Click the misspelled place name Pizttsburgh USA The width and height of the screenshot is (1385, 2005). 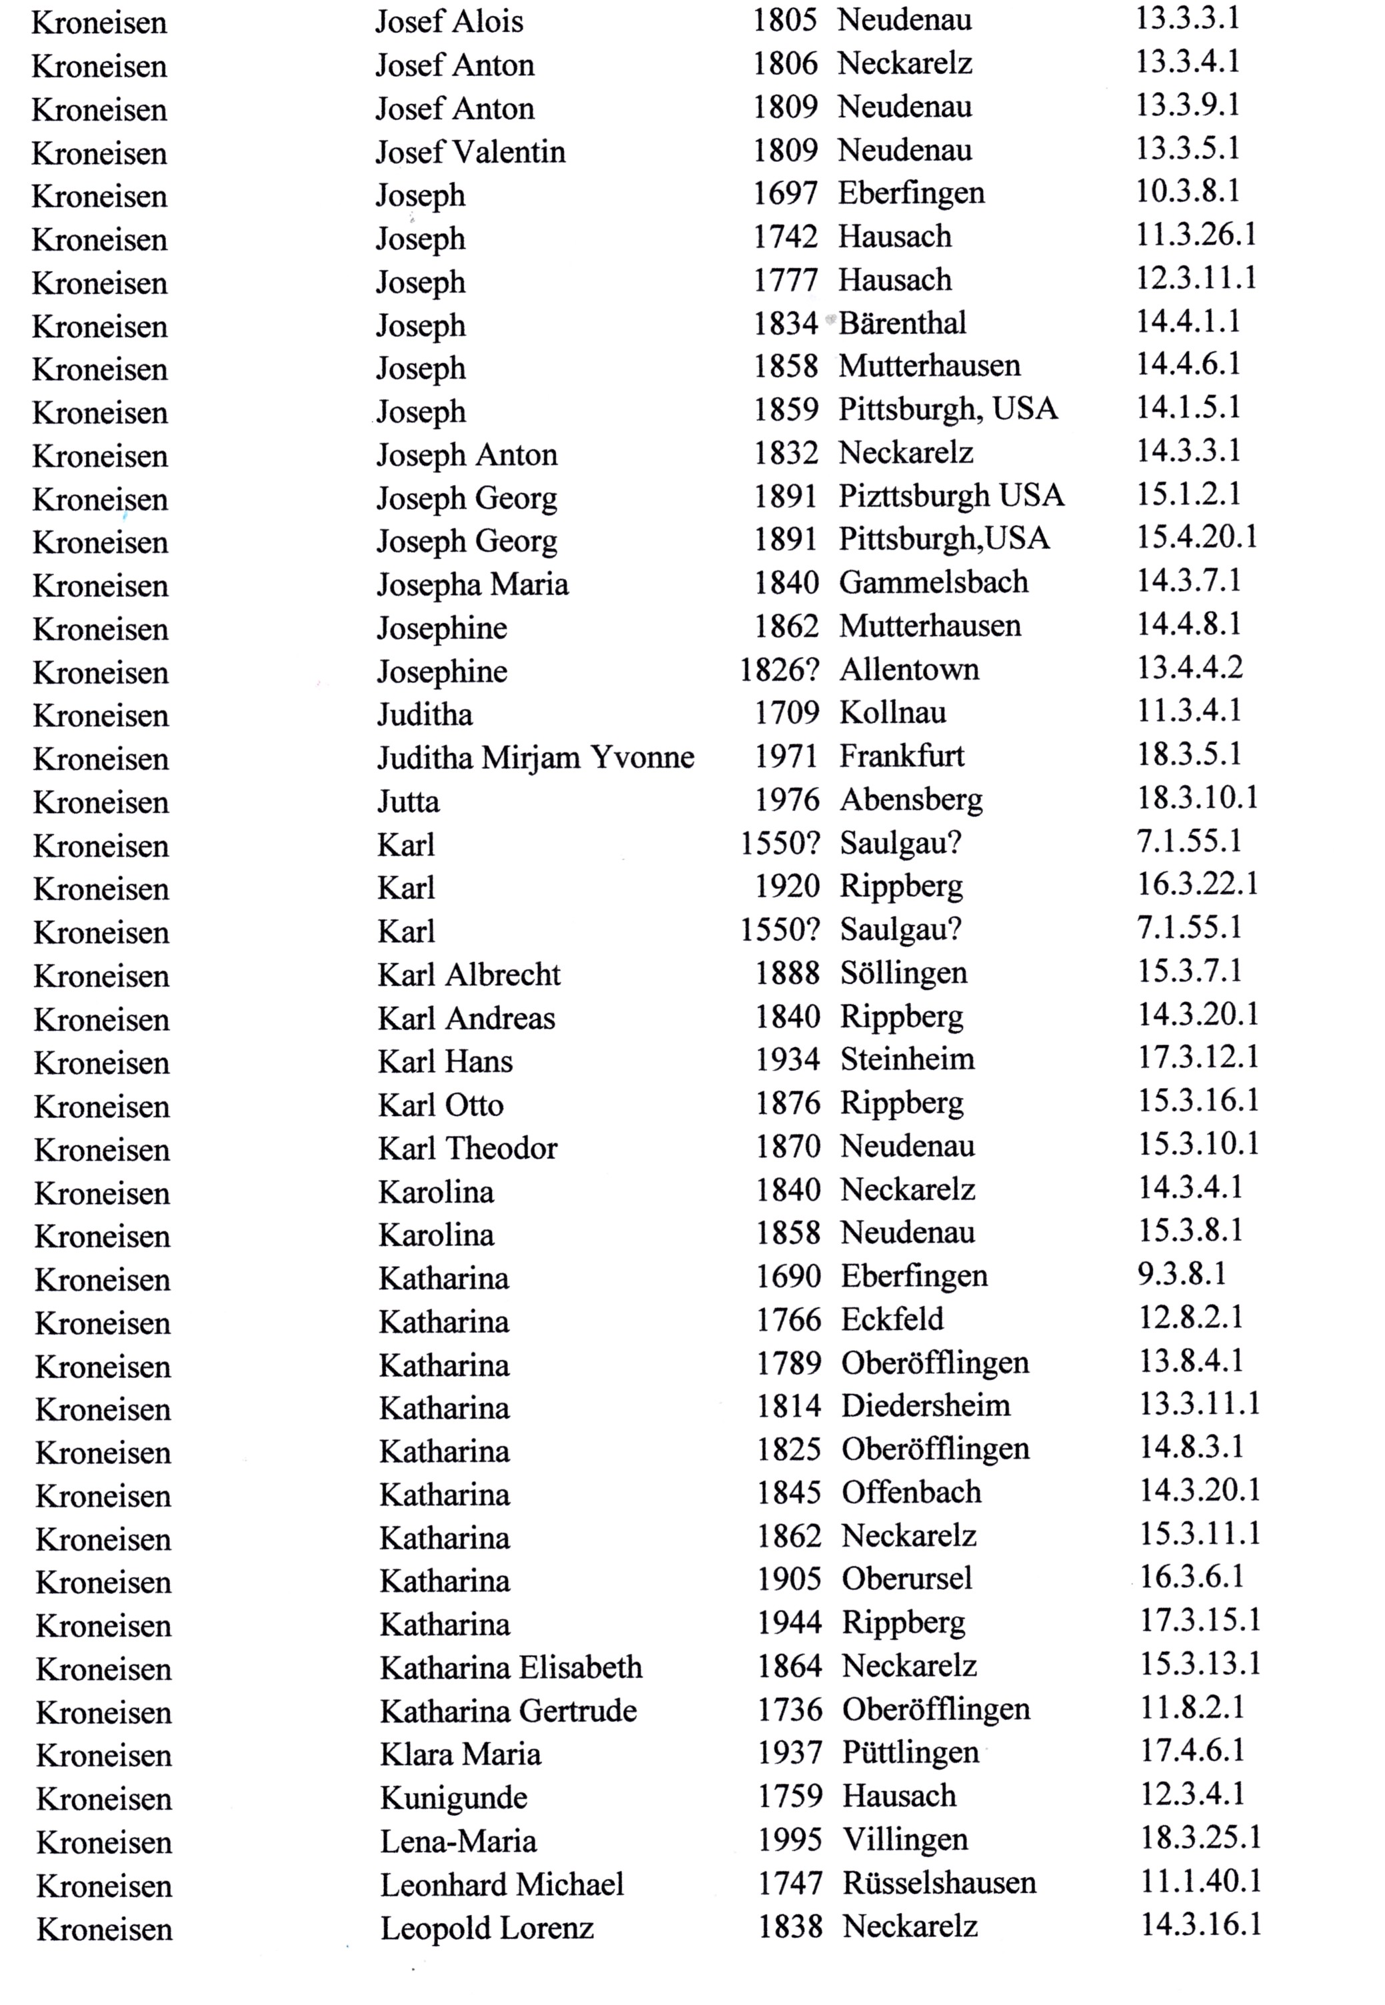coord(950,496)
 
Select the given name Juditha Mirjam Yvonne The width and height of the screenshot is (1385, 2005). coord(535,758)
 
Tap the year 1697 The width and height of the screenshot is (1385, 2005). coord(784,193)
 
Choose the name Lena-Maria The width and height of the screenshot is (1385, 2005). coord(457,1840)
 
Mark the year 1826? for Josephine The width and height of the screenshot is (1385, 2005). coord(778,670)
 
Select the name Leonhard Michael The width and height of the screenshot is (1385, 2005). coord(502,1884)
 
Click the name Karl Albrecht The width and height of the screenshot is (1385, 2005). coord(469,974)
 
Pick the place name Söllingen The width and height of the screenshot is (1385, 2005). coord(902,973)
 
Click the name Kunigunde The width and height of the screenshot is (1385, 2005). coord(453,1797)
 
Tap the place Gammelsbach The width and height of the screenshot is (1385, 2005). coord(933,582)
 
